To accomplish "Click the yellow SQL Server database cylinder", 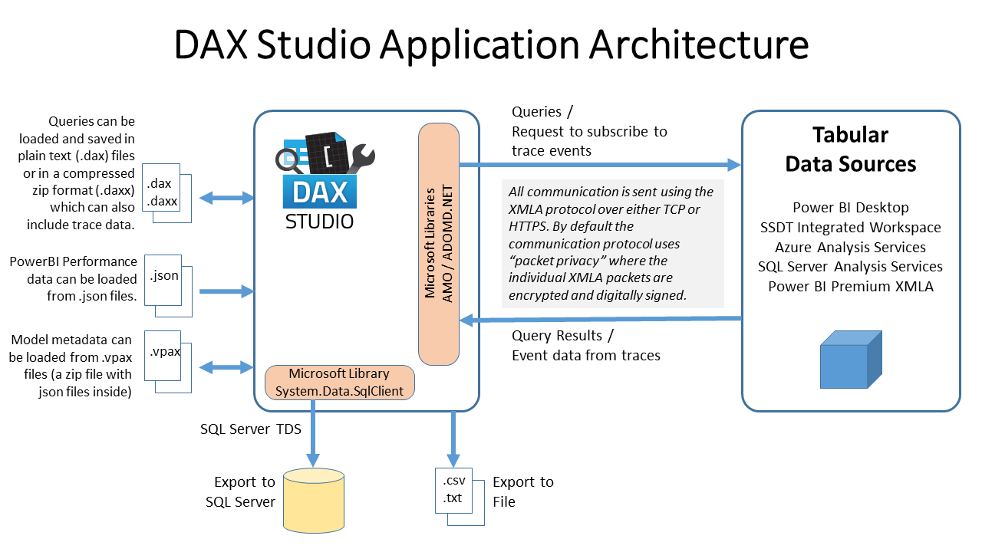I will [313, 500].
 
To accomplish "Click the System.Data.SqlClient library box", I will [339, 382].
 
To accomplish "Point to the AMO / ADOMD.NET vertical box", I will [439, 244].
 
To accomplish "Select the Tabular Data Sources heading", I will [850, 149].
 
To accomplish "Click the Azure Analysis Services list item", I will [850, 247].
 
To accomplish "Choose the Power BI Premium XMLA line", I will [850, 286].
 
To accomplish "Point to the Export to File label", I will [522, 491].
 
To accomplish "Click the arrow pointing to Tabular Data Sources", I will [598, 164].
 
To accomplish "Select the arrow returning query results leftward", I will [598, 319].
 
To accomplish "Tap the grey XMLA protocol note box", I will [612, 244].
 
